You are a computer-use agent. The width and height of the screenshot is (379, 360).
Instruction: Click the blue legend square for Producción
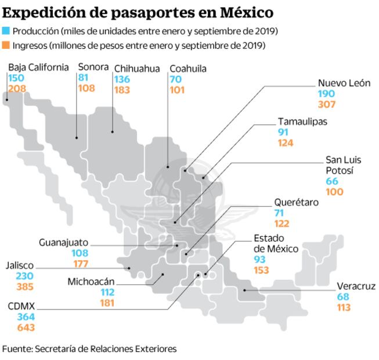tap(6, 31)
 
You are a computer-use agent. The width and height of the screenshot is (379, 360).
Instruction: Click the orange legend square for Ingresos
tap(6, 45)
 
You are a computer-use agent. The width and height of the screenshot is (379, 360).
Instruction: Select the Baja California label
tap(38, 67)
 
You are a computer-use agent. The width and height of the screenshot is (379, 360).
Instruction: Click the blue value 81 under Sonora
tap(84, 78)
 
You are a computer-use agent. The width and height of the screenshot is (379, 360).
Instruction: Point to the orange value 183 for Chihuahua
tap(122, 90)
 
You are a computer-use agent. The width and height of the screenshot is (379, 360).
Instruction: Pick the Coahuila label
tap(188, 69)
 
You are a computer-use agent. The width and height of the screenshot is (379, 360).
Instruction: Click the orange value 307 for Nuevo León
tap(326, 105)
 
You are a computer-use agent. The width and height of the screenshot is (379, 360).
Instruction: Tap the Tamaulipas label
tap(302, 121)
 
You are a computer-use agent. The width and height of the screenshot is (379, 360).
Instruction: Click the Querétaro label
tap(297, 203)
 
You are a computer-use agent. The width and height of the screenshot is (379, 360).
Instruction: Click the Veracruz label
tap(356, 286)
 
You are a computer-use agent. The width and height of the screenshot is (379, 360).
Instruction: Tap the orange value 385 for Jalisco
tap(26, 286)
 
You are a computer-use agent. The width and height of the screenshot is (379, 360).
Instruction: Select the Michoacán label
tap(91, 282)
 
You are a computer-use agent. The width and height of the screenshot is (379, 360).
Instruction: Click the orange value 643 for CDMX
tap(26, 327)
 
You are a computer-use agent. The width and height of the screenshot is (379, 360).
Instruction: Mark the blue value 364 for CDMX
tap(26, 317)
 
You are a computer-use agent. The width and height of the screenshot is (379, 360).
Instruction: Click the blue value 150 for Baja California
tap(16, 78)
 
